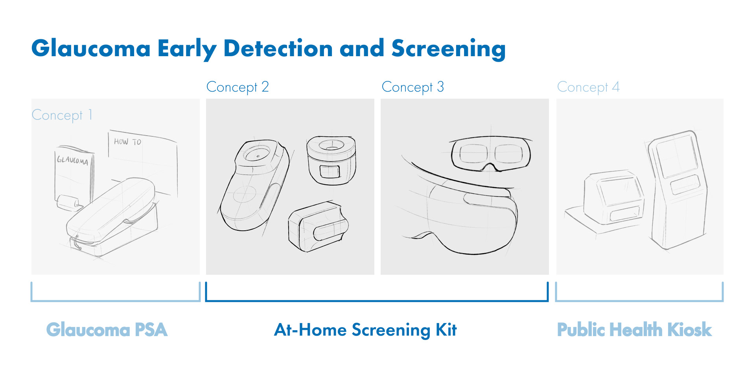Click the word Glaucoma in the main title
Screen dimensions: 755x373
91,49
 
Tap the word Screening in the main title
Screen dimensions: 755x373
448,49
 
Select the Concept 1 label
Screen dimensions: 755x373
62,115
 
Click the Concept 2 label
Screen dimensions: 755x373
238,87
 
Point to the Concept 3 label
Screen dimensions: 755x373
413,87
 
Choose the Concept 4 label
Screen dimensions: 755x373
588,87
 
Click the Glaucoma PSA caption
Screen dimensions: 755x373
107,330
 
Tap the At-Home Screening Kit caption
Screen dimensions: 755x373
365,330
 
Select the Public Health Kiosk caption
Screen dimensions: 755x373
634,330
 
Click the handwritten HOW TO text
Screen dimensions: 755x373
127,141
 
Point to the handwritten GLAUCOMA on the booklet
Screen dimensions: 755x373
72,160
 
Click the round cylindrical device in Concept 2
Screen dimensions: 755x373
331,159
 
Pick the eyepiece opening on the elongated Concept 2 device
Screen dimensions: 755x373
257,154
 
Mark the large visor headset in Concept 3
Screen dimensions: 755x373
472,216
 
